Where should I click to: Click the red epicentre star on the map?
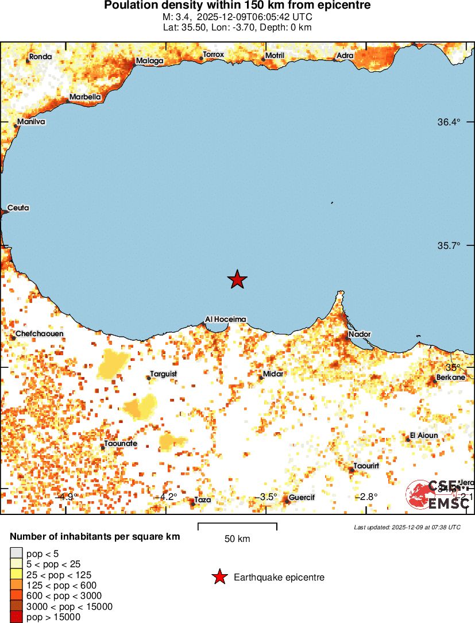pos(237,280)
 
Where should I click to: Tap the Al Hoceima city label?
pos(226,320)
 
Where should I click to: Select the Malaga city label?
pos(149,61)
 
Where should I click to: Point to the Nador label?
pos(360,334)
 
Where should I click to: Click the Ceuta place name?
pos(18,208)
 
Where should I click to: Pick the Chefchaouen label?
pos(40,334)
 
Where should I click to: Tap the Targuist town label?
pos(164,374)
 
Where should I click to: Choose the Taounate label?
pos(120,444)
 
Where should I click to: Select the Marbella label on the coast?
pos(85,97)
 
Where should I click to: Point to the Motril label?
pos(275,56)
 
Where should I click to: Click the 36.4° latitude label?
pos(449,122)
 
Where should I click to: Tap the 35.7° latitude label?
pos(449,245)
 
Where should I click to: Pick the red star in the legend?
pos(219,577)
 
